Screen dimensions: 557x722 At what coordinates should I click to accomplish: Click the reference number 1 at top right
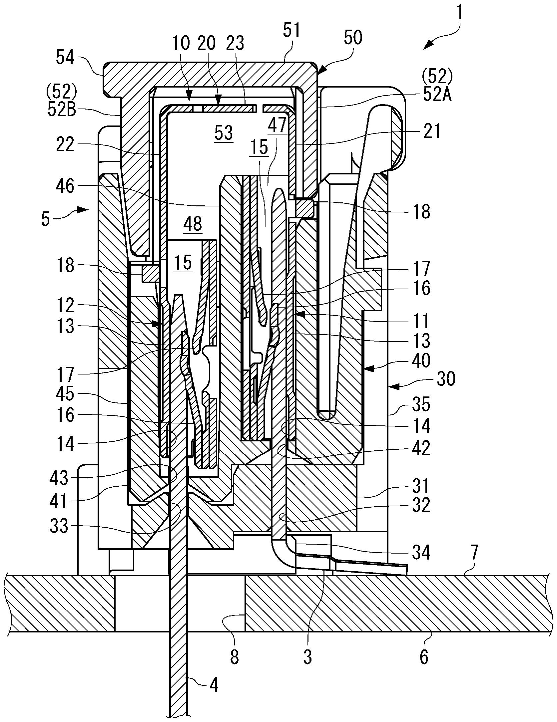coord(459,15)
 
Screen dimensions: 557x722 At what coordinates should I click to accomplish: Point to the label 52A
coord(438,95)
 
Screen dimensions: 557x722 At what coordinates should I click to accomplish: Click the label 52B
coord(62,110)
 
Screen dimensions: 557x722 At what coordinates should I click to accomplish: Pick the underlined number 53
coord(223,132)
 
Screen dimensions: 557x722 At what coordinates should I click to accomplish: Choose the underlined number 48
coord(193,224)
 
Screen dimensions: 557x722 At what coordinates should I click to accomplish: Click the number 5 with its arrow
coord(46,219)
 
